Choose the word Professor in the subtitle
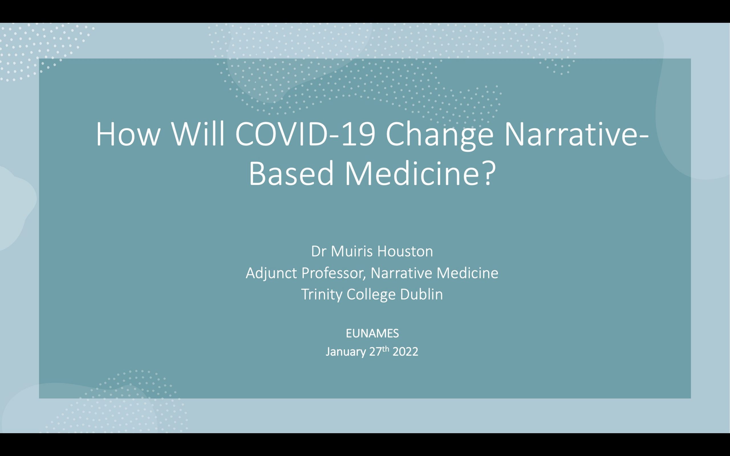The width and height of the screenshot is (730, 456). point(333,273)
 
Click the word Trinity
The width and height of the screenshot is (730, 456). point(322,295)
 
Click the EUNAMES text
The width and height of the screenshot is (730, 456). point(372,333)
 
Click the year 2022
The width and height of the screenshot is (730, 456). point(405,352)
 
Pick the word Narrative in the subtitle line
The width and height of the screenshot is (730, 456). point(401,273)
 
